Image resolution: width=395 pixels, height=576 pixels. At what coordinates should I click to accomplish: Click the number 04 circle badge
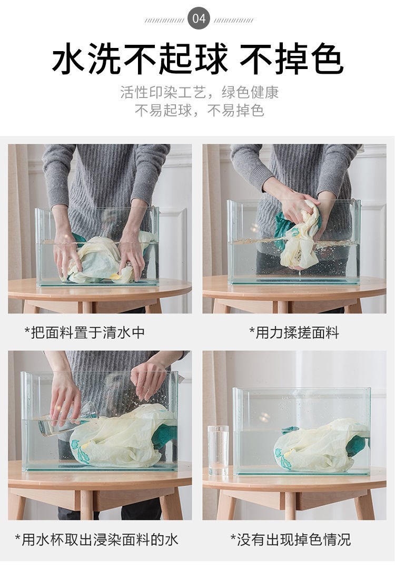click(199, 18)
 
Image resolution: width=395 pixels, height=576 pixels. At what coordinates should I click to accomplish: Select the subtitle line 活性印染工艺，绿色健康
click(199, 93)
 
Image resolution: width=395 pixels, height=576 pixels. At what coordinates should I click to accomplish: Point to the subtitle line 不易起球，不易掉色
click(199, 110)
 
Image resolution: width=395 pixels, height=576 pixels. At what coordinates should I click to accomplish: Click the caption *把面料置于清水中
click(84, 333)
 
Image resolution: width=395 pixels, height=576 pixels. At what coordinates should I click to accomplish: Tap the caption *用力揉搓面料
click(294, 333)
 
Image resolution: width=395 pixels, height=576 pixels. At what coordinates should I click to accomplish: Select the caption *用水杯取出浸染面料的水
click(96, 540)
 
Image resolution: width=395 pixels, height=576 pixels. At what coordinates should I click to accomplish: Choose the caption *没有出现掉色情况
click(291, 540)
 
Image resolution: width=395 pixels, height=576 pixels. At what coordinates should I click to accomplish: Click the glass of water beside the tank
click(219, 451)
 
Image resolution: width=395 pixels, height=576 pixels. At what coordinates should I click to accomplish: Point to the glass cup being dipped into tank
click(66, 421)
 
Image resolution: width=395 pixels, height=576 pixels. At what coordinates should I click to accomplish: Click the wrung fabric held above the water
click(299, 233)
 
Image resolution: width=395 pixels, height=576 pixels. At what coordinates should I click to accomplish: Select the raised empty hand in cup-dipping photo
click(149, 378)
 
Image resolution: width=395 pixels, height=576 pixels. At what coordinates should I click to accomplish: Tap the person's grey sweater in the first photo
click(106, 184)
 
